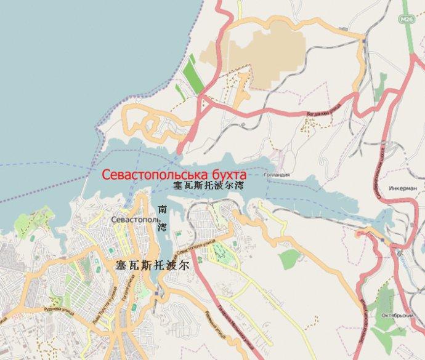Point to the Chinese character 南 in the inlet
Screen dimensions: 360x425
click(x=163, y=209)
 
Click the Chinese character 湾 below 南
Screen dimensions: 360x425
click(x=163, y=228)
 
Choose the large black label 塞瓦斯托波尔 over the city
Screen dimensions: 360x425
click(x=152, y=266)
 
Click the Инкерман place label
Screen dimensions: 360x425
click(x=403, y=188)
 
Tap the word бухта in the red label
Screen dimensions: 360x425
click(x=227, y=174)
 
